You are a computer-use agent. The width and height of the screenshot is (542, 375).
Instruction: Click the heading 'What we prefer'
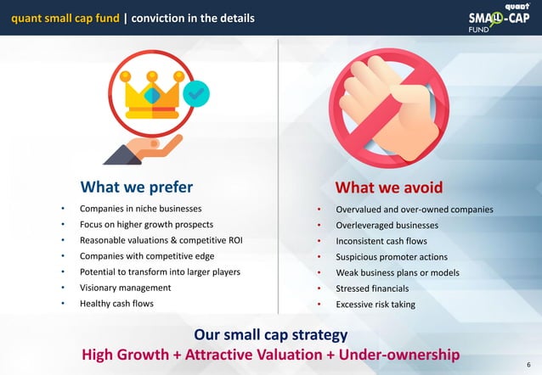coord(136,187)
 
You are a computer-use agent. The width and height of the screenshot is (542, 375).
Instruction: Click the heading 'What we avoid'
coord(389,187)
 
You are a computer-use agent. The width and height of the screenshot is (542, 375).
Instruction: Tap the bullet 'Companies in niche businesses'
coord(141,209)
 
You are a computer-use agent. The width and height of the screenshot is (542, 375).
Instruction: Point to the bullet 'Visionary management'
coord(125,288)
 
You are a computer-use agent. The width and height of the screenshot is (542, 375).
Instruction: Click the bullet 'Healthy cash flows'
coord(116,304)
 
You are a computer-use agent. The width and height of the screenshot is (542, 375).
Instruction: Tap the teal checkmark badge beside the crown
coord(196,95)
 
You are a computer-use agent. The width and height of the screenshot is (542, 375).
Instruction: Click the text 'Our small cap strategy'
coord(270,334)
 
